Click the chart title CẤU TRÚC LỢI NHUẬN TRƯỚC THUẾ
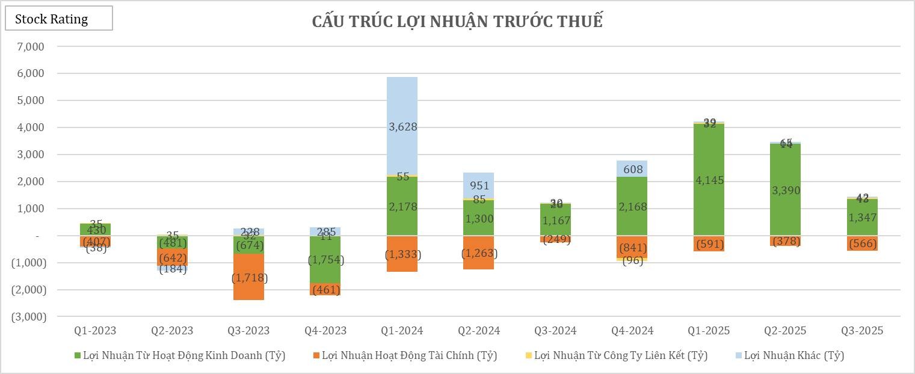(x=457, y=22)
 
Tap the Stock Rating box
(x=58, y=19)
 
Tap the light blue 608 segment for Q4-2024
(x=632, y=169)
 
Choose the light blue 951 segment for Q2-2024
(x=478, y=185)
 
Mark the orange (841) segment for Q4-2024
(x=632, y=247)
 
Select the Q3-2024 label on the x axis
(x=555, y=331)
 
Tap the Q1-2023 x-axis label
(x=95, y=331)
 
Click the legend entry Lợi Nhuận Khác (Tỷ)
(x=794, y=355)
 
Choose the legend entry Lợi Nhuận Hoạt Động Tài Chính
(x=409, y=355)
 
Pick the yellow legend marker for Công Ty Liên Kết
(x=529, y=355)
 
